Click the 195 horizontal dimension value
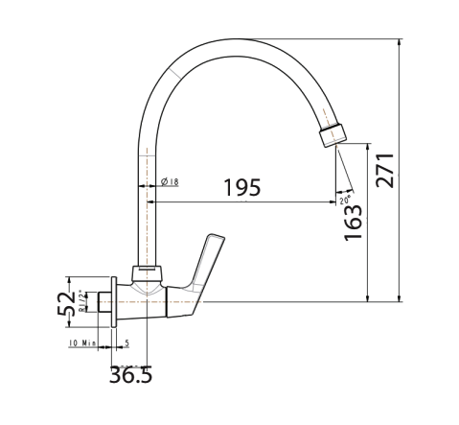pos(242,187)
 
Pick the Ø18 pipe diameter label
pos(172,181)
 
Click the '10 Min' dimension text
pos(83,342)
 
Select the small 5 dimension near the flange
pos(127,342)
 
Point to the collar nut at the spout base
pos(147,274)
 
